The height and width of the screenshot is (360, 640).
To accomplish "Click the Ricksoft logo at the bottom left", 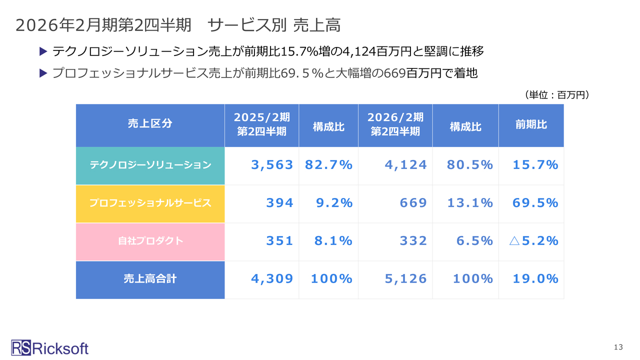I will click(49, 347).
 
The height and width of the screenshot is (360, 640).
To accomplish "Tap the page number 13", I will click(618, 347).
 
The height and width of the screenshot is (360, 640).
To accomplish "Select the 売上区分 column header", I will click(150, 124).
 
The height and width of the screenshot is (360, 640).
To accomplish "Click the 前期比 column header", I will click(531, 124).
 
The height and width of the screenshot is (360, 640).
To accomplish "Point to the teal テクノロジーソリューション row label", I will click(150, 165).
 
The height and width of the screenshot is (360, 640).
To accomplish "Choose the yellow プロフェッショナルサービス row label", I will click(150, 203).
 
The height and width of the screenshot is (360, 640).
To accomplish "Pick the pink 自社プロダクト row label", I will click(150, 241).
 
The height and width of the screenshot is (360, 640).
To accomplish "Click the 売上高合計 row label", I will click(150, 279).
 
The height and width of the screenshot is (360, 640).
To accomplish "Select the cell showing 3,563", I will click(272, 165).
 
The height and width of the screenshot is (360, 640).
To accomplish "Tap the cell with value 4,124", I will click(405, 165).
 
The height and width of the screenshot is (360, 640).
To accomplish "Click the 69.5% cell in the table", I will click(535, 203).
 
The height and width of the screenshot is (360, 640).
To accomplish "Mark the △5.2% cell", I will click(533, 241).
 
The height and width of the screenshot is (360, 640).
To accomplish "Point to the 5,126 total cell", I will click(405, 279).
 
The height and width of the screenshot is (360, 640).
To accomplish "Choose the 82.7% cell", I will click(328, 165).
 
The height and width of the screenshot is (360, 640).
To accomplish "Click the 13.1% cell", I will click(469, 203).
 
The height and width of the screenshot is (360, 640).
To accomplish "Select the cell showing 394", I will click(279, 203).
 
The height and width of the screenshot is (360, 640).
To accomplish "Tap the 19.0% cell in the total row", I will click(535, 279).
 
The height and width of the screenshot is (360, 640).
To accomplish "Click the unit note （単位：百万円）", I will click(556, 94).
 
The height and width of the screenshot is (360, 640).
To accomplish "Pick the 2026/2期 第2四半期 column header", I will click(395, 124).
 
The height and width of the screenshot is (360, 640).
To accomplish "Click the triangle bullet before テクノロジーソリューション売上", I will click(42, 51).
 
